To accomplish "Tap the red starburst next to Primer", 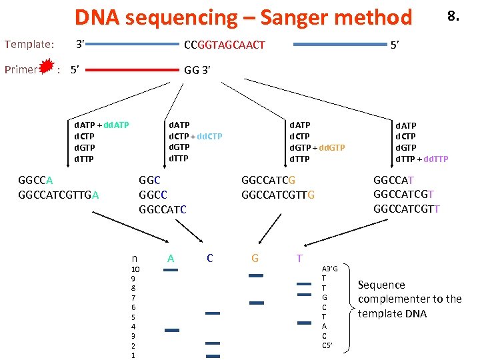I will pyautogui.click(x=47, y=68).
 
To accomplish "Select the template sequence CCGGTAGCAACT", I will pyautogui.click(x=224, y=45).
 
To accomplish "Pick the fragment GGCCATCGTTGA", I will pyautogui.click(x=59, y=195).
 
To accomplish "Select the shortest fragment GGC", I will pyautogui.click(x=149, y=180).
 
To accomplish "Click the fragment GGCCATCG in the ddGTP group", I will pyautogui.click(x=268, y=180).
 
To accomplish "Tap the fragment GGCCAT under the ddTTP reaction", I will pyautogui.click(x=394, y=180).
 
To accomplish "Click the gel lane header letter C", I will pyautogui.click(x=210, y=258).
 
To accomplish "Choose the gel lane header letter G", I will pyautogui.click(x=255, y=258).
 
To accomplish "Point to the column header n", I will pyautogui.click(x=135, y=258).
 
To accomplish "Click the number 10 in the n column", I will pyautogui.click(x=135, y=269).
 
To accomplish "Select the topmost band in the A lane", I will pyautogui.click(x=171, y=270).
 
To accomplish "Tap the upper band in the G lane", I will pyautogui.click(x=255, y=275).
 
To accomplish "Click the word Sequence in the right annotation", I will pyautogui.click(x=381, y=285).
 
